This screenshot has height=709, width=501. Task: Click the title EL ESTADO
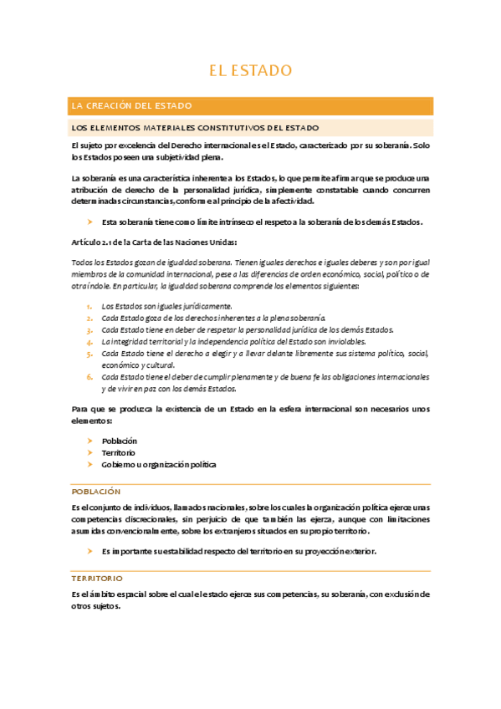pyautogui.click(x=250, y=69)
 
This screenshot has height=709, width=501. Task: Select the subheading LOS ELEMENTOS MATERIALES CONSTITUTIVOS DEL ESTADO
pyautogui.click(x=195, y=128)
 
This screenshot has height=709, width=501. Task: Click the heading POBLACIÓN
pyautogui.click(x=96, y=492)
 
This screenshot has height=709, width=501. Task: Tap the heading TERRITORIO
pyautogui.click(x=98, y=579)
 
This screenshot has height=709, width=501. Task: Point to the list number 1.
pyautogui.click(x=89, y=307)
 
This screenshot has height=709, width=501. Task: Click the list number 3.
pyautogui.click(x=89, y=330)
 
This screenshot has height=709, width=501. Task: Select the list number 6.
pyautogui.click(x=89, y=377)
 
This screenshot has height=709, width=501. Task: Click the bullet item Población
pyautogui.click(x=119, y=441)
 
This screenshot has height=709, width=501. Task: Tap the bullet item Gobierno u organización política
pyautogui.click(x=158, y=464)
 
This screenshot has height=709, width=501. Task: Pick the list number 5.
pyautogui.click(x=89, y=354)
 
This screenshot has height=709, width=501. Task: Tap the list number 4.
pyautogui.click(x=89, y=342)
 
